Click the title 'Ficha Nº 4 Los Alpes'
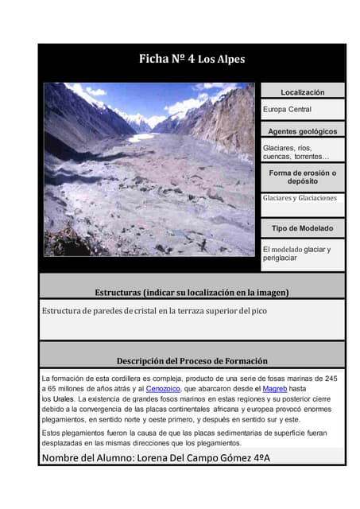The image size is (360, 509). coord(192,59)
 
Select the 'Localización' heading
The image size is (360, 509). coord(302,93)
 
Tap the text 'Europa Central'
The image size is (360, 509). coord(287,109)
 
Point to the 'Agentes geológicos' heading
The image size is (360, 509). coord(302,131)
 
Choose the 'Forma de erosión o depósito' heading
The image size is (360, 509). coord(302,177)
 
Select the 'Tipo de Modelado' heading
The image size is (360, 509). coord(302,228)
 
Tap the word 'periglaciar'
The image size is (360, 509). coord(280,258)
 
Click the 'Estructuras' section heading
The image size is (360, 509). coord(192,292)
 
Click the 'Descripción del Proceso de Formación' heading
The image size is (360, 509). coord(192,360)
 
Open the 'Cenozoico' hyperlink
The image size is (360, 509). coord(164,389)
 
